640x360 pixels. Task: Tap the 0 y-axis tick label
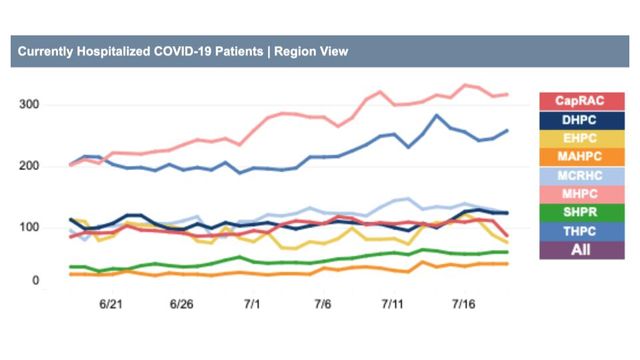[34, 281]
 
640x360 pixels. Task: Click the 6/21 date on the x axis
[110, 303]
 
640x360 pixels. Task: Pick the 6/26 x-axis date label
[181, 303]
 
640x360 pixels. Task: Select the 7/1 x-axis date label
[252, 303]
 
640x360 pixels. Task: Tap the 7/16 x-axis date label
[464, 303]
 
